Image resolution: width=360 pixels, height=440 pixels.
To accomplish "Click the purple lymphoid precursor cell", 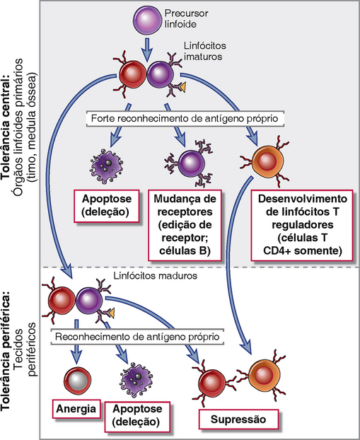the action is coord(147,20).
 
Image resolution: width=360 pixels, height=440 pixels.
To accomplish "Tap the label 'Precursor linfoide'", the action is coord(186,19).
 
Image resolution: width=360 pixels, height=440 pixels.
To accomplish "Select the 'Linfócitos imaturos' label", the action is coord(205,51).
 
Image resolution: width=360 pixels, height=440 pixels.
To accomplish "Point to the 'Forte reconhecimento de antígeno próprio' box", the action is coord(185,118).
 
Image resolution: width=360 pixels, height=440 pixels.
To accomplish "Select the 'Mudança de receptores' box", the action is coord(185,225).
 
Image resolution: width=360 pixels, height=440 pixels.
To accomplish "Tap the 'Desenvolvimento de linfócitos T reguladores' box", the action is coord(302,225).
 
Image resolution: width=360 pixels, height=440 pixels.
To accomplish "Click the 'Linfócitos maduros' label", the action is coord(156,276).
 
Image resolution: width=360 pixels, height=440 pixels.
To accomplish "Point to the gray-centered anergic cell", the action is coord(77,381).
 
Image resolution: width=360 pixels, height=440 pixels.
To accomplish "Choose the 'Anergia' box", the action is coord(76,409).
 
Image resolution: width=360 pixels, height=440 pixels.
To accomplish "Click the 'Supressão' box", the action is coord(238,419).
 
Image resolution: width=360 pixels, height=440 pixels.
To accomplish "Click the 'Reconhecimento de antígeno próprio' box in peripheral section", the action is coord(137,337).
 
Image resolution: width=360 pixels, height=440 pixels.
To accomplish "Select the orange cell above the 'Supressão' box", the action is coord(264,375).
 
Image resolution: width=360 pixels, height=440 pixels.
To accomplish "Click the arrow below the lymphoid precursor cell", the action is coord(146,50).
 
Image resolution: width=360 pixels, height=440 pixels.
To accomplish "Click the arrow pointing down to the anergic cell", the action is coord(76,342).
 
